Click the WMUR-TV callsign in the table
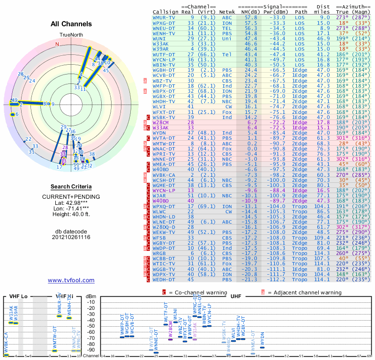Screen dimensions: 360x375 pyautogui.click(x=164, y=17)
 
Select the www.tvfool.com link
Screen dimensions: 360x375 pyautogui.click(x=71, y=280)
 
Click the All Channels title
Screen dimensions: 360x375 pyautogui.click(x=71, y=24)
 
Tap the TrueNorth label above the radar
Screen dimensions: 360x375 pyautogui.click(x=71, y=36)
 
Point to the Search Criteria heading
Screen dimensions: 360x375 pyautogui.click(x=71, y=187)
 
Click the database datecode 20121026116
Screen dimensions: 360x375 pyautogui.click(x=71, y=237)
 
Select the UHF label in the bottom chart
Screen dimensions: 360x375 pyautogui.click(x=235, y=296)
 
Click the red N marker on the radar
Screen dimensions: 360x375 pyautogui.click(x=57, y=44)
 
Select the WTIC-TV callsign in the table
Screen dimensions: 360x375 pyautogui.click(x=164, y=264)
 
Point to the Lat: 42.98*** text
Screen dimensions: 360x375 pyautogui.click(x=71, y=202)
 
